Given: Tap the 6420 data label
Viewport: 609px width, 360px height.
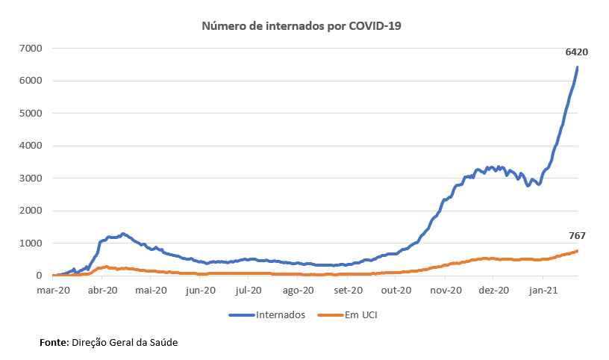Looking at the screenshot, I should coord(577,52).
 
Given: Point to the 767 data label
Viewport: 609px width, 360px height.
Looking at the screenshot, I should coord(578,236).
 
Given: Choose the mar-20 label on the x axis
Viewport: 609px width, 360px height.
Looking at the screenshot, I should coord(54,290).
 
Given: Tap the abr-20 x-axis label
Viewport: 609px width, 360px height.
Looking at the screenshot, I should coord(103,290).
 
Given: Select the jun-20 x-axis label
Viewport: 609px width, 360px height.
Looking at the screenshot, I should coord(199,290).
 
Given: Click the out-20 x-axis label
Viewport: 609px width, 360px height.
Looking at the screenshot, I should coord(396,290).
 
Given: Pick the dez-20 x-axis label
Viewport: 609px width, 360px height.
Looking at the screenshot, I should coord(493,290).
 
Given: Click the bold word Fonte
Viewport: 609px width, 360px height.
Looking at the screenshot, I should coord(54,342).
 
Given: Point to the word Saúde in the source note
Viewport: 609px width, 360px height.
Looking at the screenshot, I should coord(163,342).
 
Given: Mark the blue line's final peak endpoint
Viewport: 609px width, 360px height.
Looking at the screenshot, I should coord(578,67).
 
